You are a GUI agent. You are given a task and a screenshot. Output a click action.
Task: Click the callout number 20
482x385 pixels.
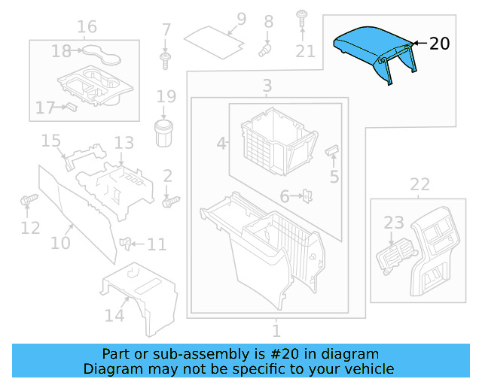(x=439, y=44)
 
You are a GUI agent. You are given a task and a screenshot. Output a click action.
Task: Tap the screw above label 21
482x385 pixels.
(x=302, y=17)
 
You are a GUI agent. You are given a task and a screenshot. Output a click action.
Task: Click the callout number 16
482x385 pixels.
(x=87, y=27)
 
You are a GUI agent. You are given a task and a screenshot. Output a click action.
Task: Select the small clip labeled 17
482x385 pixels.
(x=69, y=107)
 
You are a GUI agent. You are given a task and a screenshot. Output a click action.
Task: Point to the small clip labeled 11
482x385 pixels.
(x=127, y=243)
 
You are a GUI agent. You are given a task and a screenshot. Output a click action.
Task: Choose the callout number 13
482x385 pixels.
(x=124, y=142)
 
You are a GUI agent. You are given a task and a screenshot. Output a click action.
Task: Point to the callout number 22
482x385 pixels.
(x=419, y=184)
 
